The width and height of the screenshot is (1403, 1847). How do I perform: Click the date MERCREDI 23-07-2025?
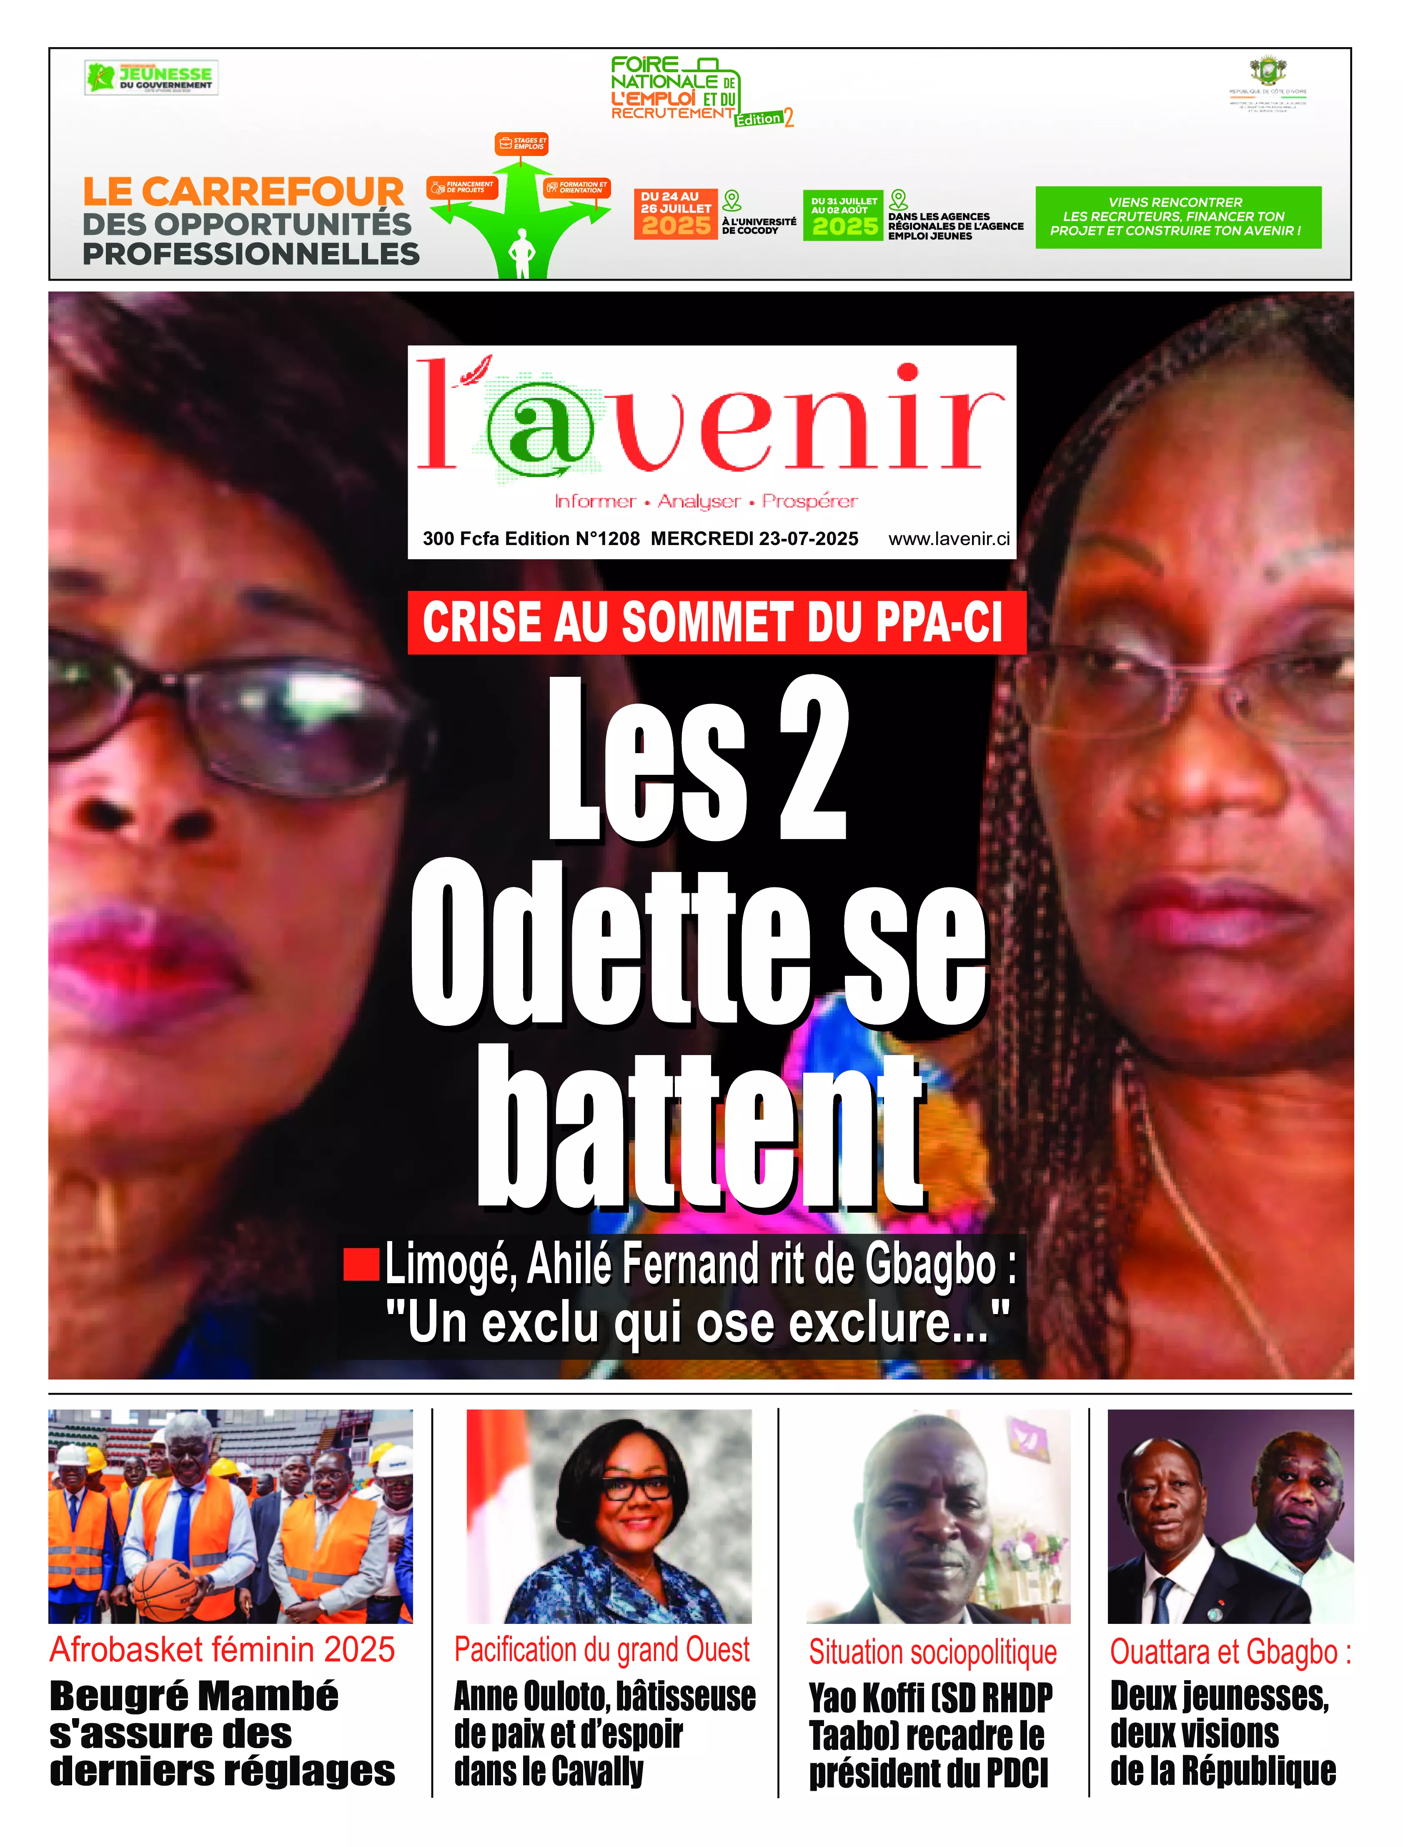coord(754,539)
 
